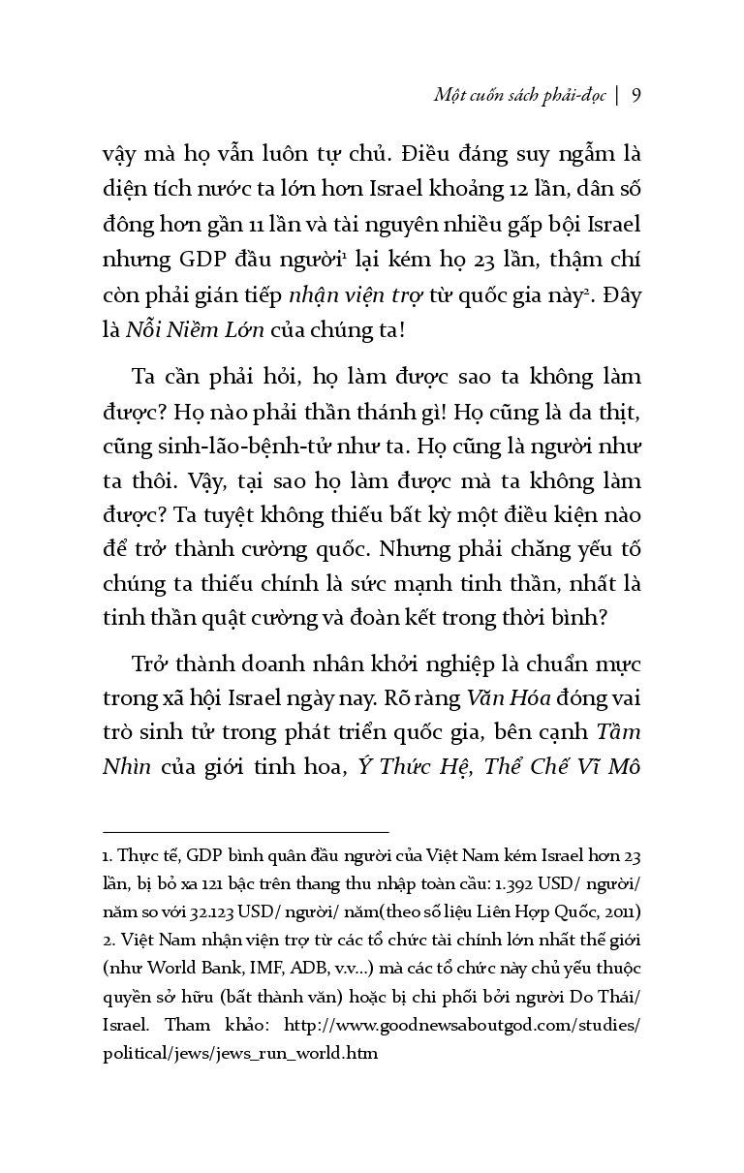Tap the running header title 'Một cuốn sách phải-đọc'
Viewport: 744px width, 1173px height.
518,94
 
